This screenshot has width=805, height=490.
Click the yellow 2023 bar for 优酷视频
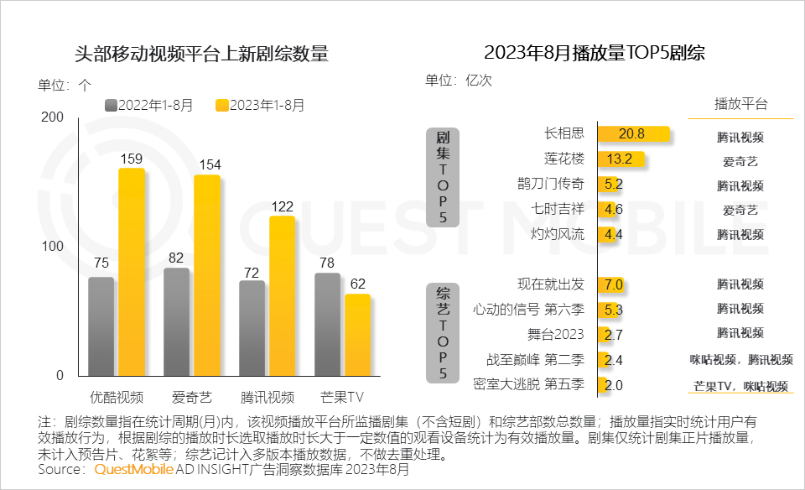coord(131,272)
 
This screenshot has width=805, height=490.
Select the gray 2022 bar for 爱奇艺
coord(176,322)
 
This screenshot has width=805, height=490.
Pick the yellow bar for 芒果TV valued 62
coord(357,334)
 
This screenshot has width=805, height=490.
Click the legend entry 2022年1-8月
coord(148,105)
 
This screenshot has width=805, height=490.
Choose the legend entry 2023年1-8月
coord(260,105)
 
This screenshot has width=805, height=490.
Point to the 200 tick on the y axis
coord(52,118)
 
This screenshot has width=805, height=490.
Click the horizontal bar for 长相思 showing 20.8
coord(633,134)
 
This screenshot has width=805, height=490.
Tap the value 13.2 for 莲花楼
coord(620,159)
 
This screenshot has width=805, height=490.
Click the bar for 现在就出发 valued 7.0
coord(613,284)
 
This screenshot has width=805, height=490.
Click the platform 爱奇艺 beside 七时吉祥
coord(740,210)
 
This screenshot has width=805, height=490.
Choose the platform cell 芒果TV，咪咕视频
coord(740,386)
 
